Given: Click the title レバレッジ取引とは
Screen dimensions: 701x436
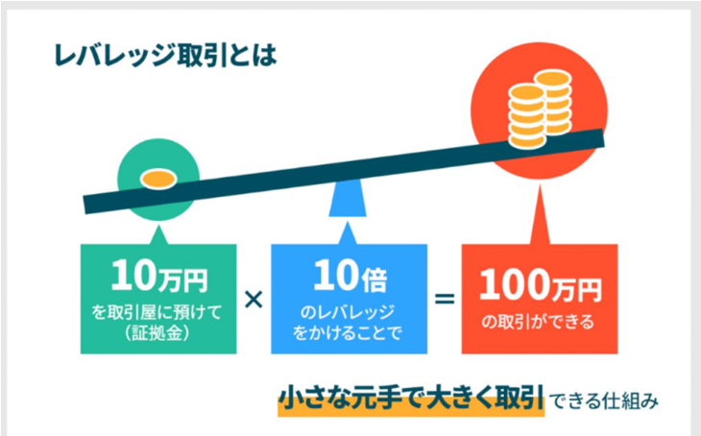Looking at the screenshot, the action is [165, 56].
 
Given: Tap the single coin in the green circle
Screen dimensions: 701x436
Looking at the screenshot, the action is [158, 180].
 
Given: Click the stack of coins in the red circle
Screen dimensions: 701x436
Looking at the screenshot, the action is [540, 109].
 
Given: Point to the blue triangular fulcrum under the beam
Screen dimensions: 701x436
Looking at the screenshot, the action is [348, 198].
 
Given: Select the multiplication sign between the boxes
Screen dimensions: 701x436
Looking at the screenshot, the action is [254, 300].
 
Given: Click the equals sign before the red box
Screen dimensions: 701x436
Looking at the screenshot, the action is [445, 299].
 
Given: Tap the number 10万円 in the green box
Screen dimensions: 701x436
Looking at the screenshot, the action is [159, 277].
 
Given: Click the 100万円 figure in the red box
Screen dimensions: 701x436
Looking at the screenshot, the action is [540, 285].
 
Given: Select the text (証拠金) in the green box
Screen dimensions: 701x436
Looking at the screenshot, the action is [157, 333].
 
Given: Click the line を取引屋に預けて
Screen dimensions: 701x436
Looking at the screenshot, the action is [157, 312].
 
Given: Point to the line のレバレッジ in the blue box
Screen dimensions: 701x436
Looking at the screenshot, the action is [348, 312].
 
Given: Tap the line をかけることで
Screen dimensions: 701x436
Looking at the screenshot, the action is [348, 333].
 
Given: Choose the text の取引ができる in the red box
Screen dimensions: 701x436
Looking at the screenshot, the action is [539, 322].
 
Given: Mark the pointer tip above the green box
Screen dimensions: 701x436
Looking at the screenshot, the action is [158, 225].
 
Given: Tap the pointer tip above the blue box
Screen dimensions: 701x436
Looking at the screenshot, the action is [348, 222].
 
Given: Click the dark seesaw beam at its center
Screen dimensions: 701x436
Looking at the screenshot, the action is [344, 171].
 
